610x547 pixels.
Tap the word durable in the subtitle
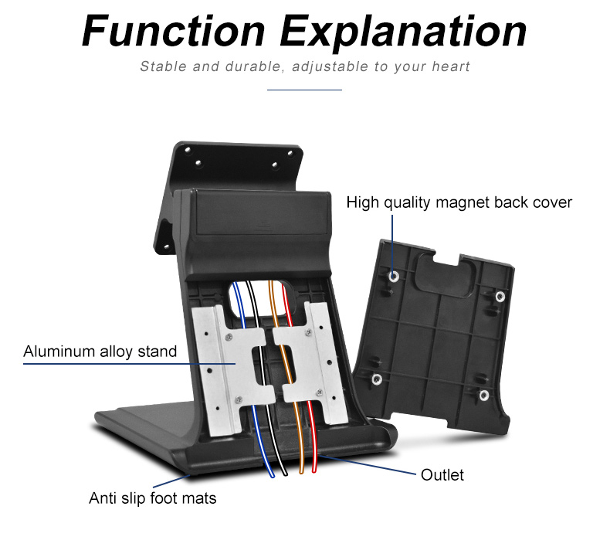tap(245, 66)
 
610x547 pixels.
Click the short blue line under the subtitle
tap(304, 90)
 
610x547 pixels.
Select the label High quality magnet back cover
tap(459, 202)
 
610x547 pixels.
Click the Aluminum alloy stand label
tap(100, 352)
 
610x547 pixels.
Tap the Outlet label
tap(442, 474)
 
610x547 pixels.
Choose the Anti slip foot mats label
tap(152, 498)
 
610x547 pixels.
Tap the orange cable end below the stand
tap(300, 469)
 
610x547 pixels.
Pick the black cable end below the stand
tap(285, 470)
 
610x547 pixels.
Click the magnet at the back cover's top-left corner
tap(395, 276)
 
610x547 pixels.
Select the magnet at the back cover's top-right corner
tap(500, 296)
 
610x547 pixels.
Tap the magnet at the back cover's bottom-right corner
tap(483, 396)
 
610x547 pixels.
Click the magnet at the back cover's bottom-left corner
tap(377, 379)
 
